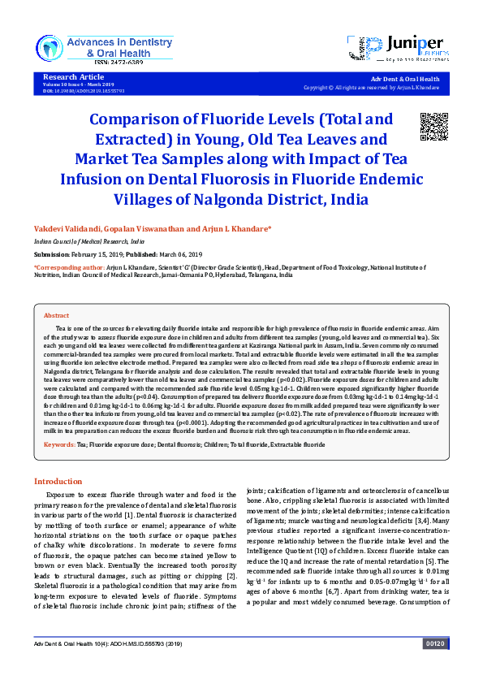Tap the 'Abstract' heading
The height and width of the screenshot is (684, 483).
56,315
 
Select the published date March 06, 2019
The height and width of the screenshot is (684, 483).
188,253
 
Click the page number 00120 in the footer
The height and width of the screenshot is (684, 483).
434,666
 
